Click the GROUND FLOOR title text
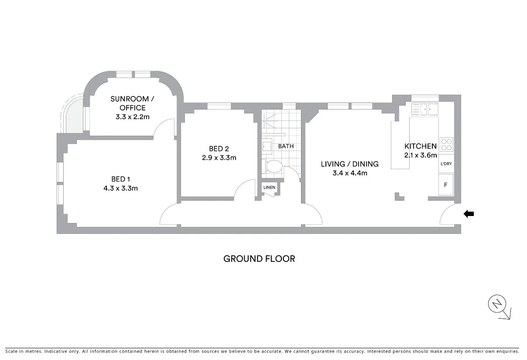tap(259, 259)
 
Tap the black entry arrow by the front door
tap(469, 214)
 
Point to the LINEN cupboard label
tap(269, 188)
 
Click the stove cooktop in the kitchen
tap(447, 144)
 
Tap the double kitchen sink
tap(424, 109)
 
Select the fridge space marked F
tap(446, 185)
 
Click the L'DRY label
tap(446, 164)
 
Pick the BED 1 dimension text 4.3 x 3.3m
tap(121, 189)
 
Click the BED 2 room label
tap(219, 148)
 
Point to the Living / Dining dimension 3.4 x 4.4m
tap(349, 173)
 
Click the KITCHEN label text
tap(420, 146)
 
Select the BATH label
tap(286, 146)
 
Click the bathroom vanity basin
tap(267, 146)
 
